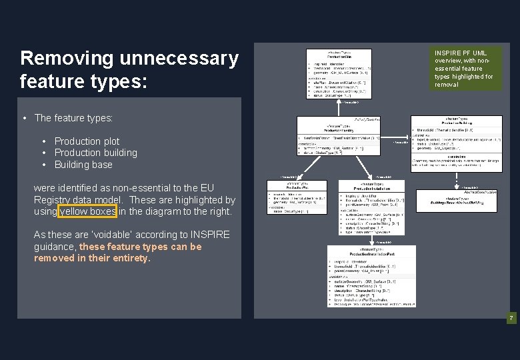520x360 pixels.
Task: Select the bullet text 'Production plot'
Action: pos(87,141)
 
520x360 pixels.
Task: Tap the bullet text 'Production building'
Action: pos(95,153)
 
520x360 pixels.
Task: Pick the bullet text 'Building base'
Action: pos(83,164)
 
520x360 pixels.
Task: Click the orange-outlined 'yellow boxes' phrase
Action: pos(87,211)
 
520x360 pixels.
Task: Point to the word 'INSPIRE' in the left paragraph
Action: pos(209,235)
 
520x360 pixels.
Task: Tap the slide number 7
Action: pos(511,319)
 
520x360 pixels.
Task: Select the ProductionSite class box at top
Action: pos(339,73)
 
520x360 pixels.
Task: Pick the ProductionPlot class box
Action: pos(297,197)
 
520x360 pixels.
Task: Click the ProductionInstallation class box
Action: pos(371,207)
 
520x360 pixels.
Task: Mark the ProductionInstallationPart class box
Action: pos(371,276)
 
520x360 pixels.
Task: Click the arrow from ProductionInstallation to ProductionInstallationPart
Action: pos(371,240)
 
